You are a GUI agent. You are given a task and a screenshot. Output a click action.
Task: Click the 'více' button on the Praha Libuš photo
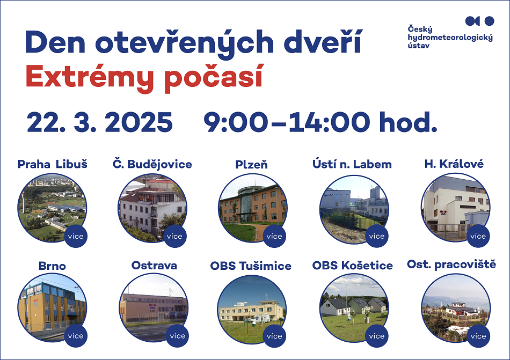point(76,236)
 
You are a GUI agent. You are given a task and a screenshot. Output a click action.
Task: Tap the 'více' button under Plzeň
point(274,236)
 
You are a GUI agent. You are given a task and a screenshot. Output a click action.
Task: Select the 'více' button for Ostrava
point(177,336)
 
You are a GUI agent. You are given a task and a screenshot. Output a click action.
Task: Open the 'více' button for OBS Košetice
point(377,336)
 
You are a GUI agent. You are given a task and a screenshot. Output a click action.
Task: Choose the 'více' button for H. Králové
point(478,236)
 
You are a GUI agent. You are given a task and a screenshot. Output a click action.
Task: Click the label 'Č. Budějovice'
point(152,164)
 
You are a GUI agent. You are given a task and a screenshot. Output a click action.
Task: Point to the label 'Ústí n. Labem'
point(352,164)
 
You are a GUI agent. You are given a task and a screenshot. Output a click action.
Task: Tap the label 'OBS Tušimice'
point(251,266)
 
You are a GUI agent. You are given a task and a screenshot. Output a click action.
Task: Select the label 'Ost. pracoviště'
point(451,265)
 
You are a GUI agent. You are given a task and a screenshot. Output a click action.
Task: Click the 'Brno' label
point(52,266)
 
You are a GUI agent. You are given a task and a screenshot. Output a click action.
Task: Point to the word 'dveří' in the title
point(323,42)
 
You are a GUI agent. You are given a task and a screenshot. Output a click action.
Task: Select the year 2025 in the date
point(139,122)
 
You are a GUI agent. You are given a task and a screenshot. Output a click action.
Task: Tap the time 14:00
point(329,122)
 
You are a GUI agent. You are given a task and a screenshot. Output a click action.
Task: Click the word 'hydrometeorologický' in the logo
point(450,38)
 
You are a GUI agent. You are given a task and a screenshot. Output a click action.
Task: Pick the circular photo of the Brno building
point(52,307)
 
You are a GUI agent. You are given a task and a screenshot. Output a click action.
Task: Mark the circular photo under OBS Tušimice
point(252,310)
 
